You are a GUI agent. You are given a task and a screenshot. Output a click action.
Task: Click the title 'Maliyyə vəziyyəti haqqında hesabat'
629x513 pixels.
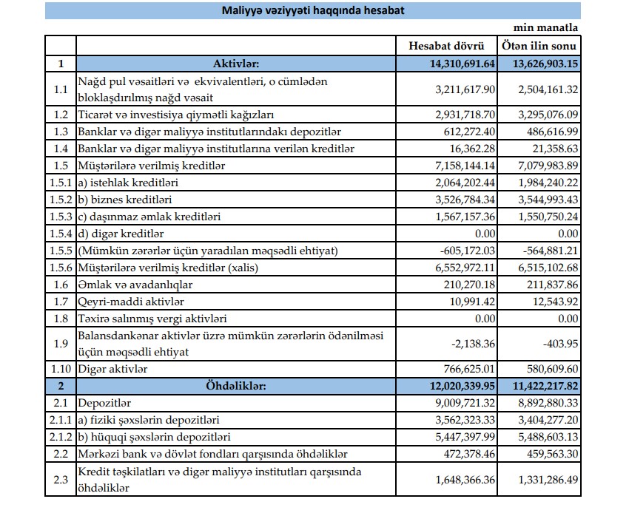click(313, 11)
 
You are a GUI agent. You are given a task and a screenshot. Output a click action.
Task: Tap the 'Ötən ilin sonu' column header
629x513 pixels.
click(539, 46)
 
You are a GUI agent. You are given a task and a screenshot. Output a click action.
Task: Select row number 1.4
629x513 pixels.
click(61, 149)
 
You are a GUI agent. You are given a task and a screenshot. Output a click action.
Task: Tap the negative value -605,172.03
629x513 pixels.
click(466, 251)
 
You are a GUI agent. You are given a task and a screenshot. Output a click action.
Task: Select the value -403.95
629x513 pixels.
click(560, 344)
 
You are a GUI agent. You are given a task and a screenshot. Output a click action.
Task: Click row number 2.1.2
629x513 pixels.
click(61, 437)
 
